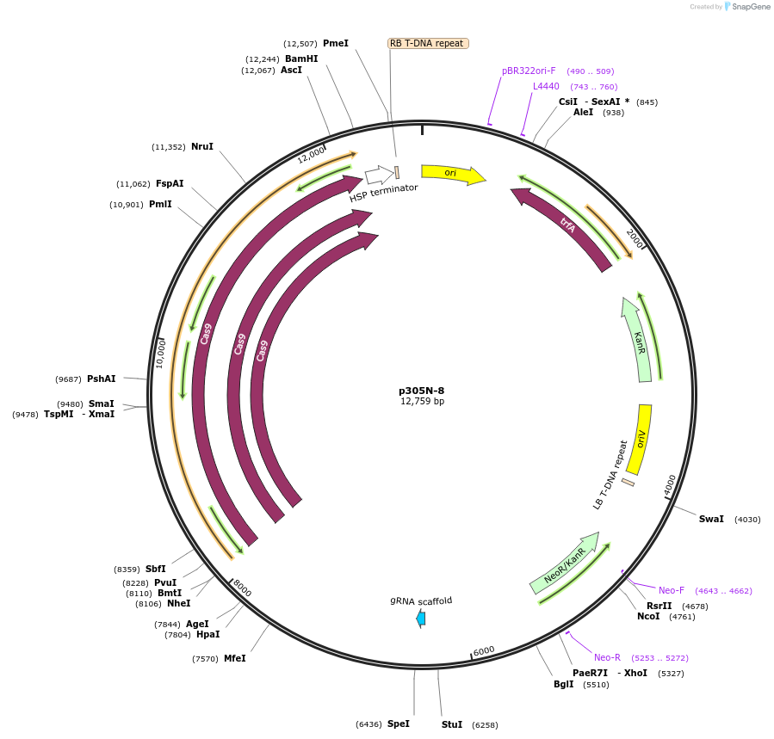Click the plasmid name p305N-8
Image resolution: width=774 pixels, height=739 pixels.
tap(422, 391)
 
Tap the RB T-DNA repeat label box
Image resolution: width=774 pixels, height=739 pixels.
tap(428, 43)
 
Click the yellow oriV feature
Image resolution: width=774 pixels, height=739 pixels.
tap(640, 439)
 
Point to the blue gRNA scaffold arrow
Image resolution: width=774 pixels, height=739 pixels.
tap(420, 618)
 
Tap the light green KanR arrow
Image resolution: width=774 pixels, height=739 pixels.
tap(638, 340)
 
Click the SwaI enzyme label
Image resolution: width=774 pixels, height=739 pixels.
tap(711, 519)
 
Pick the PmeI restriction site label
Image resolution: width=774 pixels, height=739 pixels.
tap(336, 43)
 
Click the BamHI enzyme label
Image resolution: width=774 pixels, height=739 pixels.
tap(301, 59)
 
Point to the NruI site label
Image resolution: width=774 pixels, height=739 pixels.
tap(202, 146)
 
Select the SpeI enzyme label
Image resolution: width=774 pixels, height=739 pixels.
tap(398, 724)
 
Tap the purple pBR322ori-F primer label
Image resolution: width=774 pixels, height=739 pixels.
tap(529, 71)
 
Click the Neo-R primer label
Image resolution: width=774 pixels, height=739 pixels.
tap(607, 657)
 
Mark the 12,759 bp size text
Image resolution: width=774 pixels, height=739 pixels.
tap(422, 402)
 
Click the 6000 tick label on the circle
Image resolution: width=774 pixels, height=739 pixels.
tap(484, 651)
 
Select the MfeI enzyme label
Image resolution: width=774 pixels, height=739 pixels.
tap(235, 658)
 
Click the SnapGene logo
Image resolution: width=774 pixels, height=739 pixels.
tap(746, 7)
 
